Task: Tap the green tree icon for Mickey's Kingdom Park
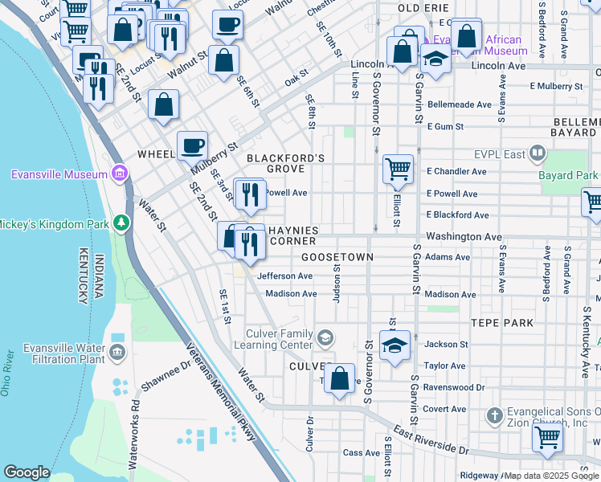tap(121, 222)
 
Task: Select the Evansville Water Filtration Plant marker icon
tap(117, 351)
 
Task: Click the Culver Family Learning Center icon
tap(325, 337)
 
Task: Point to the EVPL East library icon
tap(537, 153)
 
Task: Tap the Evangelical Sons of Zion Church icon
tap(495, 415)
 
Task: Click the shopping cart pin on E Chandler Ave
tap(398, 170)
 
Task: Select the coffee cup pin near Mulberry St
tap(192, 146)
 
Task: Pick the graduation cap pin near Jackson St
tap(395, 345)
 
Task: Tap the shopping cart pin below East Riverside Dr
tap(547, 438)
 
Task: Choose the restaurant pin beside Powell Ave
tap(250, 194)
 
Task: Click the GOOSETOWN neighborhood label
tap(337, 257)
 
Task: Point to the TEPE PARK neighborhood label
tap(503, 323)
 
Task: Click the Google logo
tap(27, 472)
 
